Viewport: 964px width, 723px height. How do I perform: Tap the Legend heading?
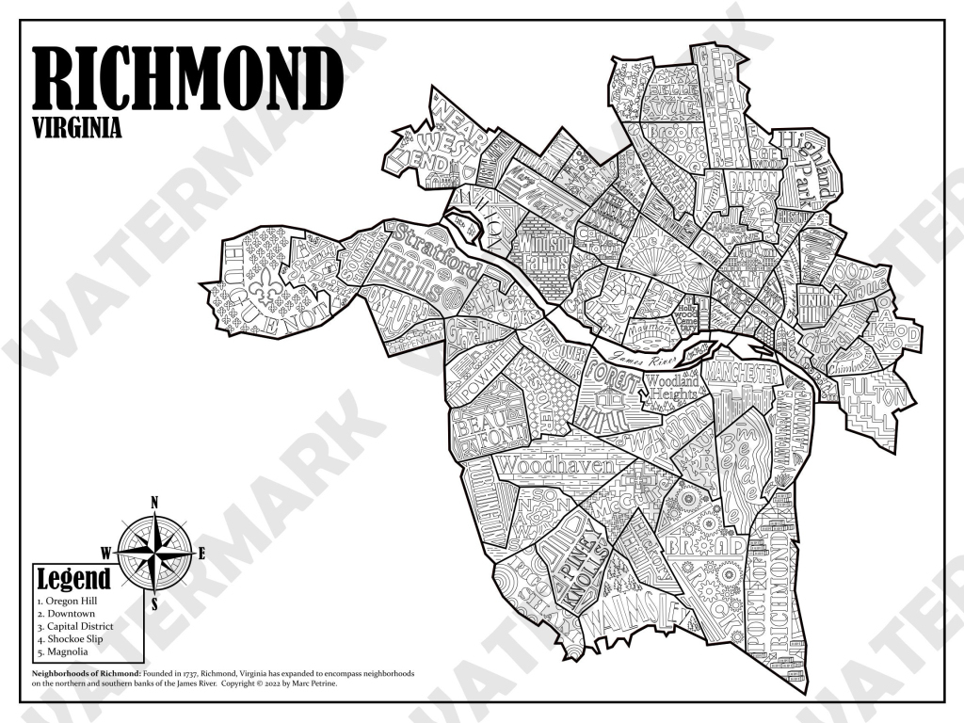coord(72,578)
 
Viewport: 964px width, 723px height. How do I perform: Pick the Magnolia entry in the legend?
coord(65,651)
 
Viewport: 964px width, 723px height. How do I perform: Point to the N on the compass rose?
coord(153,502)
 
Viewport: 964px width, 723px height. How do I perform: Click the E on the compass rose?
coord(201,554)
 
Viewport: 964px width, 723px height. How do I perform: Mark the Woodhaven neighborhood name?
coord(554,465)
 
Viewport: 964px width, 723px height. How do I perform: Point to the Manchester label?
coord(745,375)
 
